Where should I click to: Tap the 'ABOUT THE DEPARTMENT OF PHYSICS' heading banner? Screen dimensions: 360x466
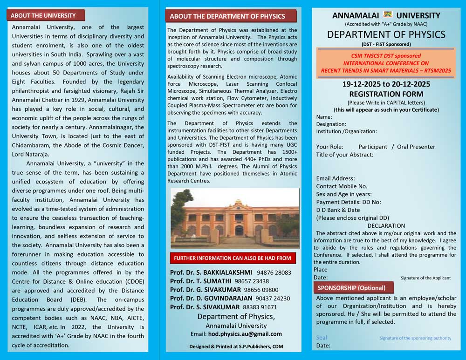(x=231, y=16)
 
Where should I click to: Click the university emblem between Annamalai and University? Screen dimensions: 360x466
(x=388, y=14)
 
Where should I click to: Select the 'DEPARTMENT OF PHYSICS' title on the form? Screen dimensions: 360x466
(x=386, y=34)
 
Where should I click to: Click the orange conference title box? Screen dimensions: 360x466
(x=386, y=63)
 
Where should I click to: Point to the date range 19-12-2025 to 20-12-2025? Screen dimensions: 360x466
(x=386, y=84)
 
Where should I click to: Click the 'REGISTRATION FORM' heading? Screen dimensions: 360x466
(x=386, y=93)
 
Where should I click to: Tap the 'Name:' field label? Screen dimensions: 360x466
(x=324, y=117)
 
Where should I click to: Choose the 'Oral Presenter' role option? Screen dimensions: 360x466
(x=416, y=147)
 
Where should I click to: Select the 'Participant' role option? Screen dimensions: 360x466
(x=373, y=147)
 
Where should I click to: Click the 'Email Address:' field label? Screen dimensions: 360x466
(x=336, y=178)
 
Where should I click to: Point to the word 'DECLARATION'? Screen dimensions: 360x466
(x=386, y=226)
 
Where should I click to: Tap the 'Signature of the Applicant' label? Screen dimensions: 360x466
(x=425, y=278)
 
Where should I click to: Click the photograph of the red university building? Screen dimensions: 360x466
(x=234, y=218)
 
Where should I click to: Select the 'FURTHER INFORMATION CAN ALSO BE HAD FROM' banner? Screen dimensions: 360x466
(x=232, y=258)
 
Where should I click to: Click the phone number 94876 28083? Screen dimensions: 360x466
(x=274, y=272)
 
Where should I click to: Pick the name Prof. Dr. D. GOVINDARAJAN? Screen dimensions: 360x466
(x=211, y=299)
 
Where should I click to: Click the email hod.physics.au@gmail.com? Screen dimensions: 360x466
(x=248, y=334)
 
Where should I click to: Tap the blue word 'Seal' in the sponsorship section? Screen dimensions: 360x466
(x=322, y=338)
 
